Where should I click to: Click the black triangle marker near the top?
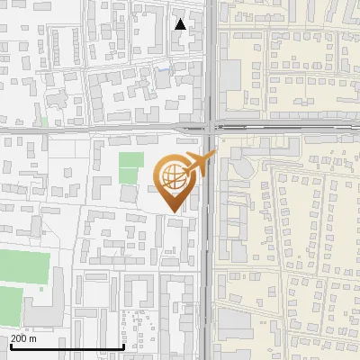(181, 24)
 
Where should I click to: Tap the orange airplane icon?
(200, 165)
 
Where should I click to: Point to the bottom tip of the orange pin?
(174, 211)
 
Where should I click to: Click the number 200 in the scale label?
(19, 338)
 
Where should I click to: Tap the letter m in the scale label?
(33, 338)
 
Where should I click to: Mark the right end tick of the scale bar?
(123, 345)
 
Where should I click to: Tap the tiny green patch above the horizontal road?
(44, 120)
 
